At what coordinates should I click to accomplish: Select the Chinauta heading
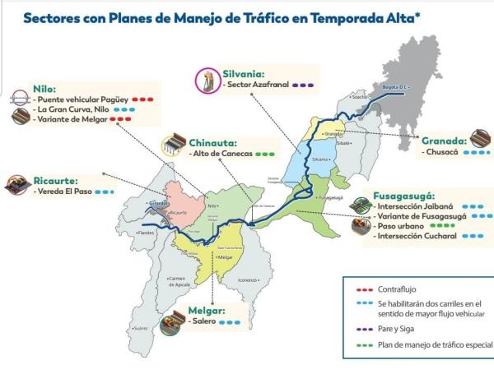(x=213, y=141)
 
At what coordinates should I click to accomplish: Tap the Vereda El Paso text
(x=63, y=192)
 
